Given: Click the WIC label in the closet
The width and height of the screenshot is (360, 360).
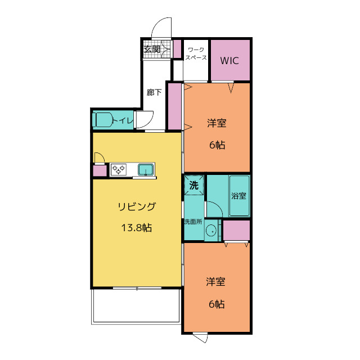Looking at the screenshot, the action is pos(229,61).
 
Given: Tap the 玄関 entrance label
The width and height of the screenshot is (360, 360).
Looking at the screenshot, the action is pos(152,49).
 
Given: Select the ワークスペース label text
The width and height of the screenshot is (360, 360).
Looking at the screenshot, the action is pos(196,53).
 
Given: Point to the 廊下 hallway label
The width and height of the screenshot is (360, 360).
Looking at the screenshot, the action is pos(154,92).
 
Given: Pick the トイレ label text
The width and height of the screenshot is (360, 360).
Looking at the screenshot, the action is pos(123,120).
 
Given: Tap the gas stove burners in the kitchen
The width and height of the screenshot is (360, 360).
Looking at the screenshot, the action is pos(118,169).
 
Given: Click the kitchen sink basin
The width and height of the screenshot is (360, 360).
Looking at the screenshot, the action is pos(146,169).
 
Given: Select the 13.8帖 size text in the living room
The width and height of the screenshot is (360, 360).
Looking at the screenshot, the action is pos(136,228).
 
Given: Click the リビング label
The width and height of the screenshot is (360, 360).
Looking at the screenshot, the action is pos(137,206).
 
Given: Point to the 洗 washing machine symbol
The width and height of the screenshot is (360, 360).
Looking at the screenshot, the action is pos(194,185).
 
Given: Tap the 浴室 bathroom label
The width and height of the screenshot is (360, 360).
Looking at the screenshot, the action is pos(238,196).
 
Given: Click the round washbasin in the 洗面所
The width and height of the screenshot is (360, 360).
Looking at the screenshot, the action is pos(211,231).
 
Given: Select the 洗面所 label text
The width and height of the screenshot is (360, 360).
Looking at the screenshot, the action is pos(193,222).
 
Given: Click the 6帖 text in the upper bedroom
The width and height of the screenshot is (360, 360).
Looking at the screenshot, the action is pos(217,145).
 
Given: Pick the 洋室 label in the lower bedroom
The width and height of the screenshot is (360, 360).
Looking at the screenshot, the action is pos(215,282).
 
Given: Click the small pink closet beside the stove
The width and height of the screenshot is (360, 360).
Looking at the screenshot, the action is pos(100,171).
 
